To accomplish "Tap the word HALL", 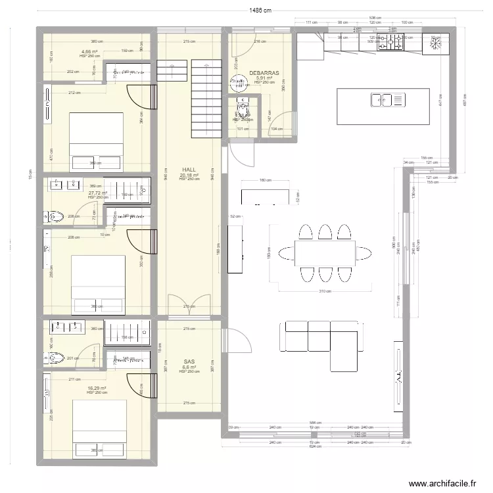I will [189, 170].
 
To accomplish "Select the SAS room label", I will [189, 361].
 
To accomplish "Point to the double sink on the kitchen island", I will [381, 100].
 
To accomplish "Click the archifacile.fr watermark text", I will [442, 484].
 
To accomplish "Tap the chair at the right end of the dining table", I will [364, 252].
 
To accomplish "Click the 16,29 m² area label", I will [97, 388].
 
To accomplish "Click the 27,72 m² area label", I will [97, 193].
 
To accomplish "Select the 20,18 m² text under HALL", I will [189, 175].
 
